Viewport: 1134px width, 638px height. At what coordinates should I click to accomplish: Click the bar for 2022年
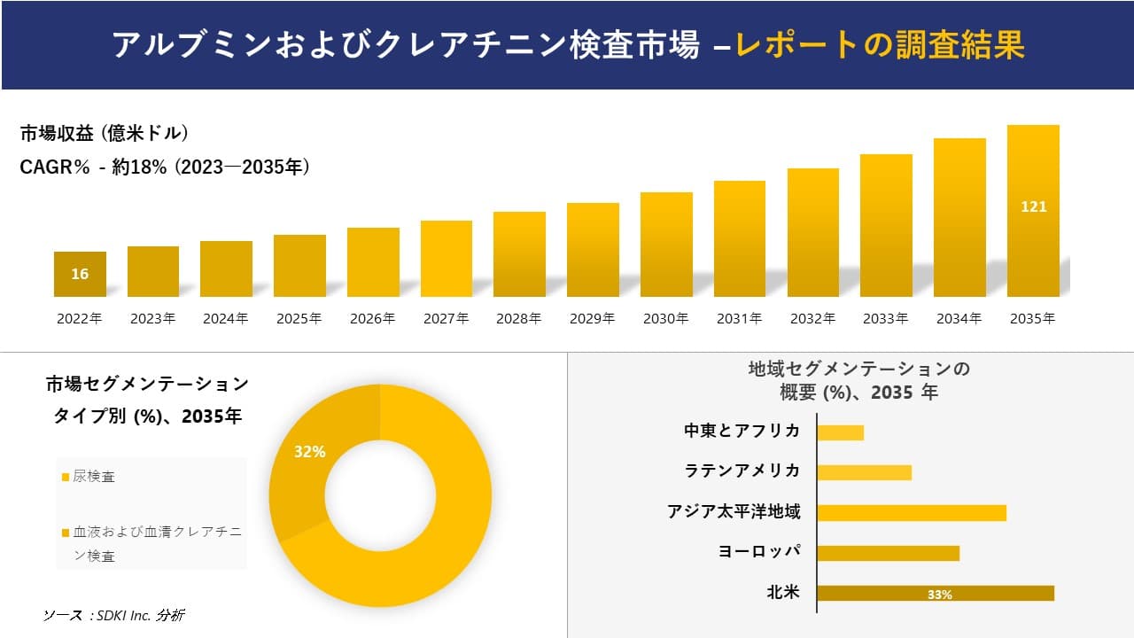point(80,275)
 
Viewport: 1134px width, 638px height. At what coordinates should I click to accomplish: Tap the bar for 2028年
point(519,254)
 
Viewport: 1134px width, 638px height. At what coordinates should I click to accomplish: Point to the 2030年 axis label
point(665,319)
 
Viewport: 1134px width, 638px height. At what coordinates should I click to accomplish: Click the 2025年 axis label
point(299,319)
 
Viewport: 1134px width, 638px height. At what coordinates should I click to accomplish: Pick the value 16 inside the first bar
point(80,274)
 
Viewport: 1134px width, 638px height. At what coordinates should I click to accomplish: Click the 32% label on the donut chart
point(310,452)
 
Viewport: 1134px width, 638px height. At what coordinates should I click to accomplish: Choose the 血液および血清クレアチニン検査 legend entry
point(151,544)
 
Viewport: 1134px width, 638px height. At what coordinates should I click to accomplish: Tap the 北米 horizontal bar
point(936,594)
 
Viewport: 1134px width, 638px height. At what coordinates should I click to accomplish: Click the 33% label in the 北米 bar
point(939,595)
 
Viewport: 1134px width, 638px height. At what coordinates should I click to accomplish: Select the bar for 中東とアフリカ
point(840,432)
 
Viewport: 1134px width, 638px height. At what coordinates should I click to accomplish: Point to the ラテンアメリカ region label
point(742,471)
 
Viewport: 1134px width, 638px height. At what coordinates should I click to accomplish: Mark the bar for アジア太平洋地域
point(912,513)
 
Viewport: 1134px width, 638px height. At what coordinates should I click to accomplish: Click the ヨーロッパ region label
point(759,551)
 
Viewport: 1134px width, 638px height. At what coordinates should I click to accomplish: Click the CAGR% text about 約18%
point(165,167)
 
